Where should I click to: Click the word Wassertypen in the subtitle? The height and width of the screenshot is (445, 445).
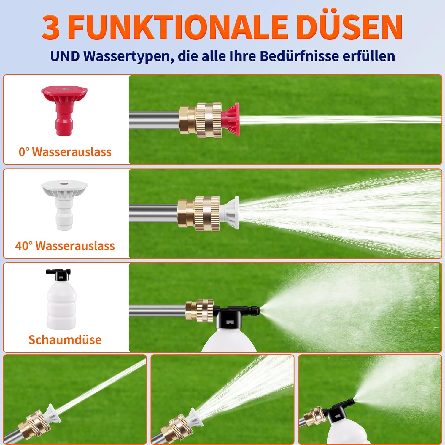click(129, 56)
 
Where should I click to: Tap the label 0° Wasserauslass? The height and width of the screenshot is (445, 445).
click(65, 152)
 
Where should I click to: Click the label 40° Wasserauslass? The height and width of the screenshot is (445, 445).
click(65, 246)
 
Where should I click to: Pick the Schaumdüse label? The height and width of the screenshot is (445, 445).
click(65, 340)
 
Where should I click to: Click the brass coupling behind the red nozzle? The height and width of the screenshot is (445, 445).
click(200, 120)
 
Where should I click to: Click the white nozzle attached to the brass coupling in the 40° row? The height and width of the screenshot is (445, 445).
click(229, 213)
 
